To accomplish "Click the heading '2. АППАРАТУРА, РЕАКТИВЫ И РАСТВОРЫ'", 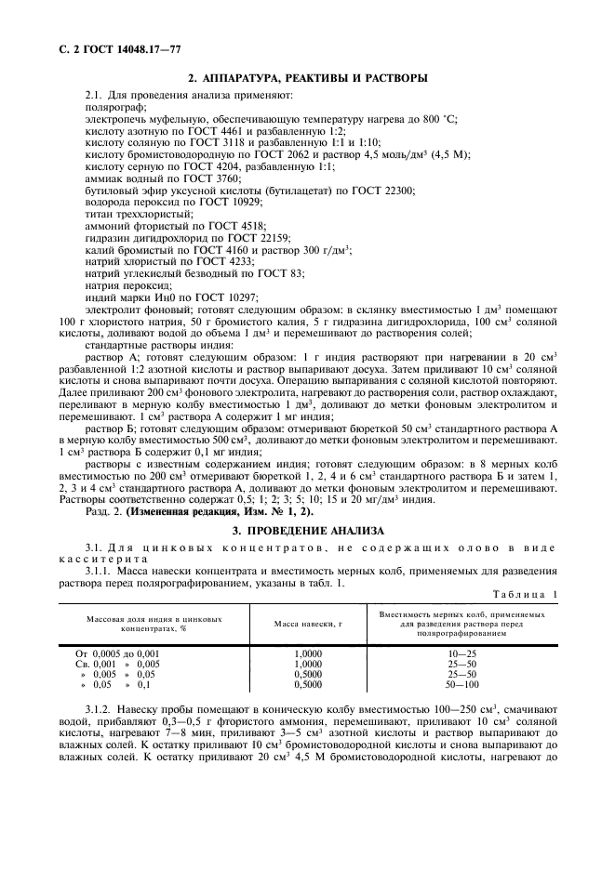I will click(x=308, y=78).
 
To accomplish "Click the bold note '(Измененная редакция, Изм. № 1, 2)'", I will click(x=221, y=511).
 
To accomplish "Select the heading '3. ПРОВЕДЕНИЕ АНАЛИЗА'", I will click(x=307, y=530).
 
